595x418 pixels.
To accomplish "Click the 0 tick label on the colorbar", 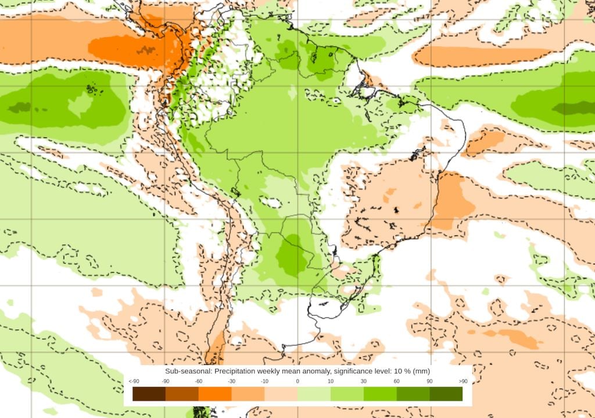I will click(297, 381).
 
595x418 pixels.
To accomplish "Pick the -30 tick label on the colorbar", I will click(231, 381).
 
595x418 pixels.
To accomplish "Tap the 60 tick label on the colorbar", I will click(397, 381).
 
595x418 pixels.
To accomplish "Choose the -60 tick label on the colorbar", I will click(198, 381).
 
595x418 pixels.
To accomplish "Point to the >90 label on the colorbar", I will click(463, 381).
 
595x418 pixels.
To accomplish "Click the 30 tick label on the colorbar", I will click(364, 381).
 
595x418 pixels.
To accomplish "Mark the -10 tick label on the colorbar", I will click(264, 381).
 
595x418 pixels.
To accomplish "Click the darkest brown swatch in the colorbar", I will click(149, 394).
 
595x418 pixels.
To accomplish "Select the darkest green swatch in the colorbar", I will click(446, 394).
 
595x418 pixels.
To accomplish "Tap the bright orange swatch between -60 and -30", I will click(215, 394).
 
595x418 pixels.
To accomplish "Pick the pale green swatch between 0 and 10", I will click(314, 394).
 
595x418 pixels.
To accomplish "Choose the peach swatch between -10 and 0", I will click(281, 394).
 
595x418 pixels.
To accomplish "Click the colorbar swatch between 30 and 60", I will click(380, 394).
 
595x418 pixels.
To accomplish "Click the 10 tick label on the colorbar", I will click(331, 381).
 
